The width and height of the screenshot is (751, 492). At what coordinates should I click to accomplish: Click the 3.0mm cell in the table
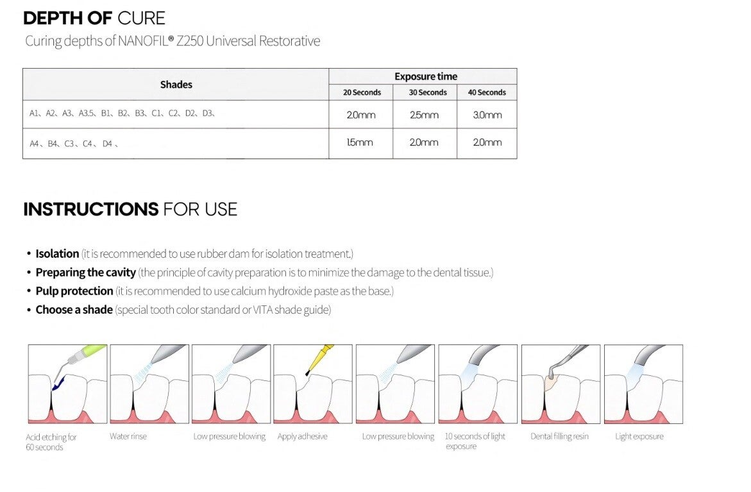pyautogui.click(x=487, y=115)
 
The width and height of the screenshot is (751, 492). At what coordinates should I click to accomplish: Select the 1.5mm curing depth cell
pyautogui.click(x=360, y=142)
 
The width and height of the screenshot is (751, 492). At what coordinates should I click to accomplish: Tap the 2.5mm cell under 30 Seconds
pyautogui.click(x=424, y=115)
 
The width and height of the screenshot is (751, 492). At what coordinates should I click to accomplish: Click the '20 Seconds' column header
pyautogui.click(x=362, y=92)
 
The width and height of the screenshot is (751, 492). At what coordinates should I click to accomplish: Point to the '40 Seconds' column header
pyautogui.click(x=487, y=92)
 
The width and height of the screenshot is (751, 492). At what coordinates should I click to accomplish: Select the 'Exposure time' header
pyautogui.click(x=426, y=76)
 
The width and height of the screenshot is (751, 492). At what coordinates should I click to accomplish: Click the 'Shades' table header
pyautogui.click(x=176, y=85)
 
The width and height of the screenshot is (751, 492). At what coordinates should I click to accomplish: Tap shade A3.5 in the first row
pyautogui.click(x=86, y=114)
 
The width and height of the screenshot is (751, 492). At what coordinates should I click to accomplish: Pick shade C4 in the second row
pyautogui.click(x=87, y=144)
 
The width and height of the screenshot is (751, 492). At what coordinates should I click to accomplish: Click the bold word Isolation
pyautogui.click(x=57, y=253)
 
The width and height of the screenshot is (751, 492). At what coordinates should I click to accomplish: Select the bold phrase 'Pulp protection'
pyautogui.click(x=74, y=291)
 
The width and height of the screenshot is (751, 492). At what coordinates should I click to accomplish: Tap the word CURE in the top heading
pyautogui.click(x=141, y=18)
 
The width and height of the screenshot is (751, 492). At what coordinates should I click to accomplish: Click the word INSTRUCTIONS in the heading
pyautogui.click(x=91, y=209)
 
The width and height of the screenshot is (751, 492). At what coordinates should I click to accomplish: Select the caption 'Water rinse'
pyautogui.click(x=128, y=436)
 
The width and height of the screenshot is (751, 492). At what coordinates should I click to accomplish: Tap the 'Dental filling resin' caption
pyautogui.click(x=559, y=436)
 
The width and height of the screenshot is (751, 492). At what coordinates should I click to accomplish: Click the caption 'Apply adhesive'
pyautogui.click(x=302, y=436)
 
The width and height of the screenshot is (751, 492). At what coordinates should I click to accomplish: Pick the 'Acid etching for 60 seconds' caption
pyautogui.click(x=51, y=442)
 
